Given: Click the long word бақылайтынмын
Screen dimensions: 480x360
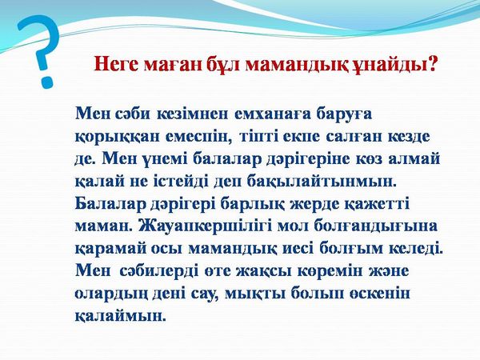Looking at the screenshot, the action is click(322, 182).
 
